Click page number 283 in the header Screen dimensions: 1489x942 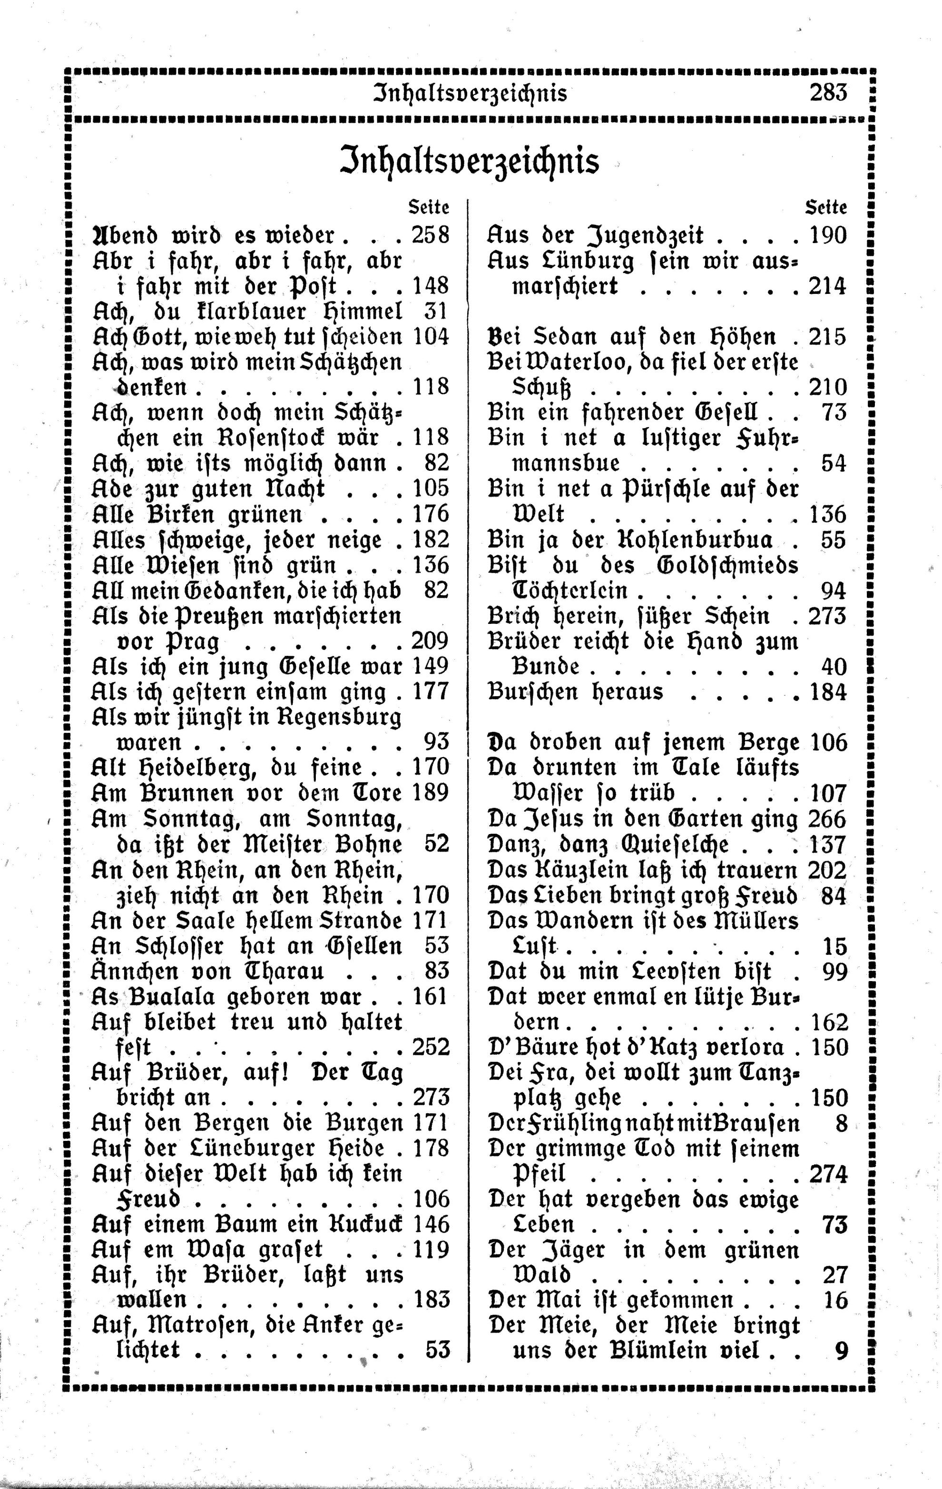click(827, 93)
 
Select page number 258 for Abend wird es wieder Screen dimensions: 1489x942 click(431, 235)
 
